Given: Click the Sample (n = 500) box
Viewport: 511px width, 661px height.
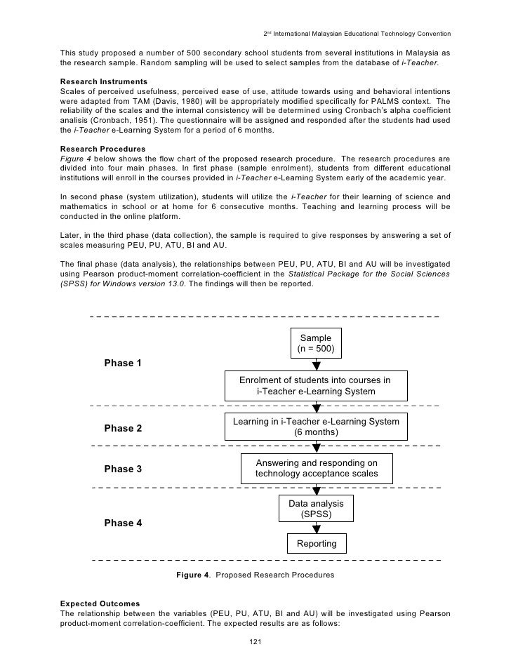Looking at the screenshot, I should [316, 343].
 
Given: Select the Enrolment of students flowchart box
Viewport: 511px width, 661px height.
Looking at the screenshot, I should [316, 385].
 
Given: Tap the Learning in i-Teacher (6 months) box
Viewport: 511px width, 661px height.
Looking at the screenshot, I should [316, 427].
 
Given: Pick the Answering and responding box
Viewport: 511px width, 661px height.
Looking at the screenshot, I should [316, 468].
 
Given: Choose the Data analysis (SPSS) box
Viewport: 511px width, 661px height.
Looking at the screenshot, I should [316, 509].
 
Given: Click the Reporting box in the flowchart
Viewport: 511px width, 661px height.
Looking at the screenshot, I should [316, 543].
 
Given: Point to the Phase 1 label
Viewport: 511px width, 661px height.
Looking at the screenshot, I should [123, 363].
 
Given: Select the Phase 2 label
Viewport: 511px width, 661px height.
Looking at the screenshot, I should [123, 428].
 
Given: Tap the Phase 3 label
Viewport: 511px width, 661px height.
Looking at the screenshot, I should [123, 469].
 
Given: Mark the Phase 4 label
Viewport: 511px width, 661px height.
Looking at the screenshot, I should [123, 523].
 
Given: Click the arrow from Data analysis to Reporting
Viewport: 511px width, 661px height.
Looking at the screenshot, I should [317, 528].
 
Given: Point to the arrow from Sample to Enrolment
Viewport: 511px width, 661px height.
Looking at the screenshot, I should [317, 364].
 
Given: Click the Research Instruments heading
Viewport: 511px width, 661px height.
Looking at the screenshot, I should [104, 82].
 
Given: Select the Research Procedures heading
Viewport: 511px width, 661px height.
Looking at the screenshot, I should [103, 149].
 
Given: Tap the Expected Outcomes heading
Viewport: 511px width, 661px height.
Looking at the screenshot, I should [100, 603].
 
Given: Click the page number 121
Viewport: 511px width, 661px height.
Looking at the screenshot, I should [255, 643].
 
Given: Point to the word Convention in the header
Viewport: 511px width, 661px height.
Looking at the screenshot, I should [432, 34].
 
